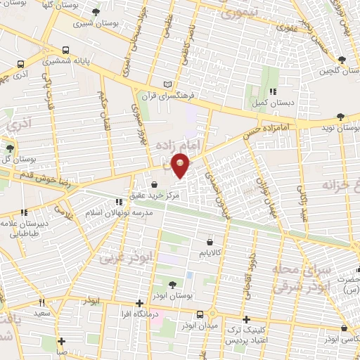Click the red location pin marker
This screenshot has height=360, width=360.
[x=181, y=166]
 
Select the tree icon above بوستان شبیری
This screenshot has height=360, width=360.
[x=96, y=12]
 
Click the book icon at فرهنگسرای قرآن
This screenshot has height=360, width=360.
[x=167, y=84]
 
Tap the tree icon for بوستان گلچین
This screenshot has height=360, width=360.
[x=342, y=60]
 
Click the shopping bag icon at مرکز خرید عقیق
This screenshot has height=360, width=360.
[x=153, y=184]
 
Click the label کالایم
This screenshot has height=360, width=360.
[x=210, y=251]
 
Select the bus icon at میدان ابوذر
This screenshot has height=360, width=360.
[x=200, y=314]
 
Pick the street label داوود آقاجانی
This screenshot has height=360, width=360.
[x=250, y=267]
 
